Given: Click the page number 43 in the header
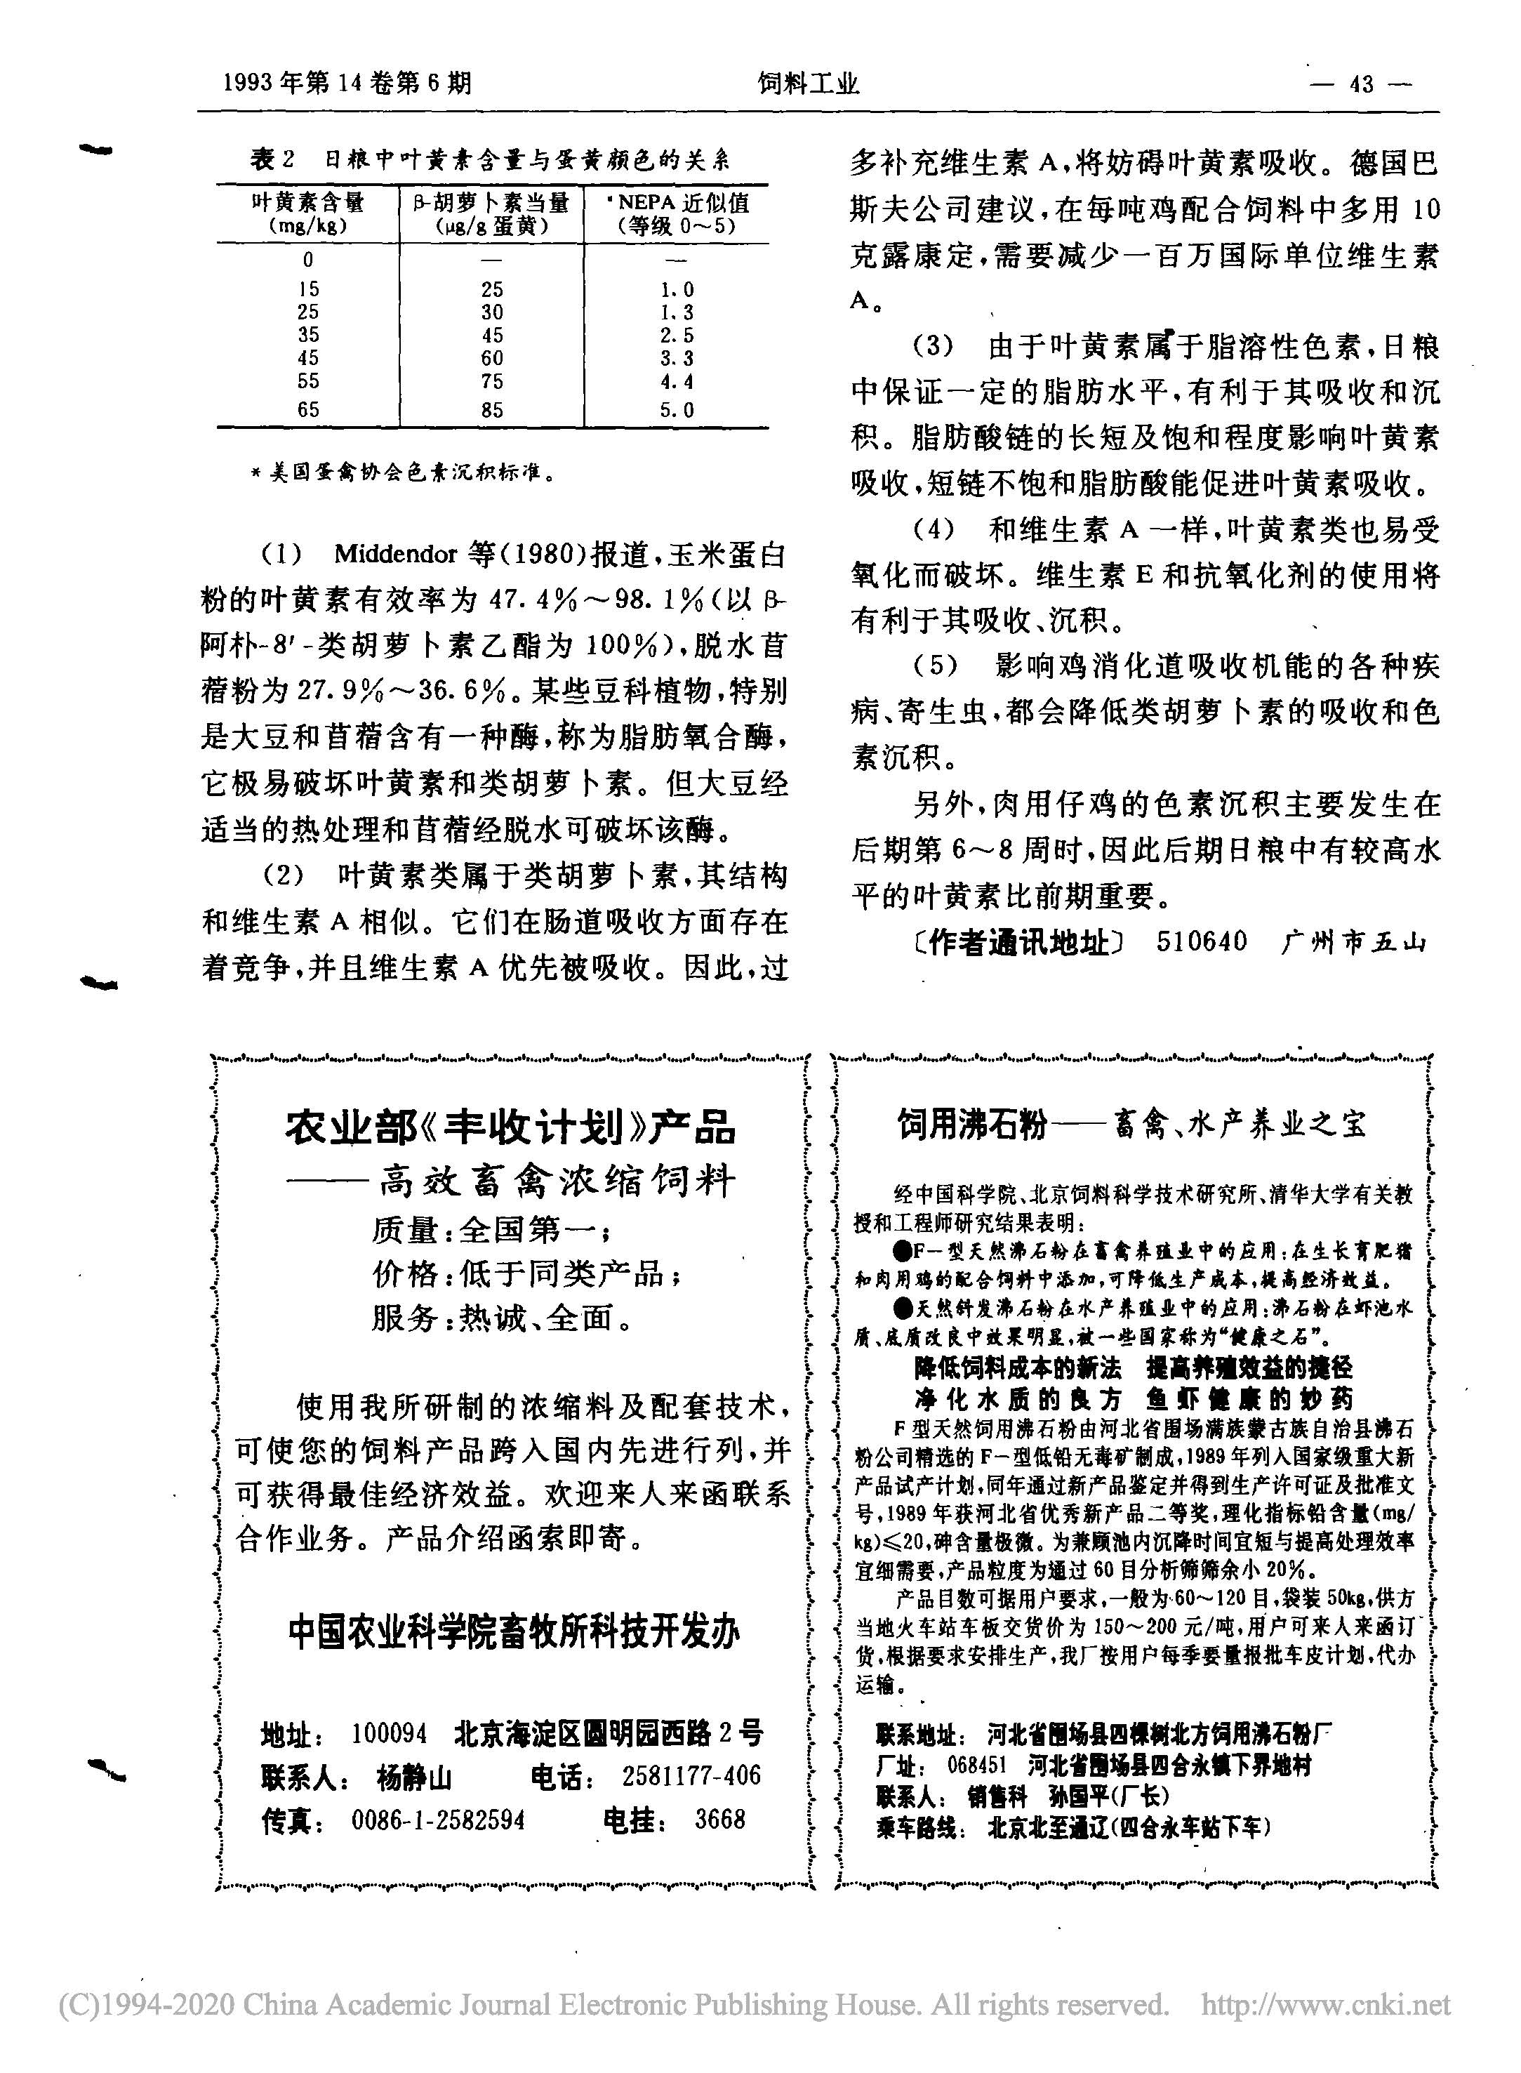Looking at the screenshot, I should point(1361,85).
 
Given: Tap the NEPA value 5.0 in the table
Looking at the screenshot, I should point(677,410).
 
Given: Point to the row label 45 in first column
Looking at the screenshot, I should point(307,358).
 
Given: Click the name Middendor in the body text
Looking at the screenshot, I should point(396,555).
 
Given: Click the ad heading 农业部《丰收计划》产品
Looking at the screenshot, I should point(510,1125).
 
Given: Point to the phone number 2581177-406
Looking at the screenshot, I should point(691,1775).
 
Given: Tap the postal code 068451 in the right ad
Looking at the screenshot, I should point(978,1765).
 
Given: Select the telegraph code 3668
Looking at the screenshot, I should point(720,1820).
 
